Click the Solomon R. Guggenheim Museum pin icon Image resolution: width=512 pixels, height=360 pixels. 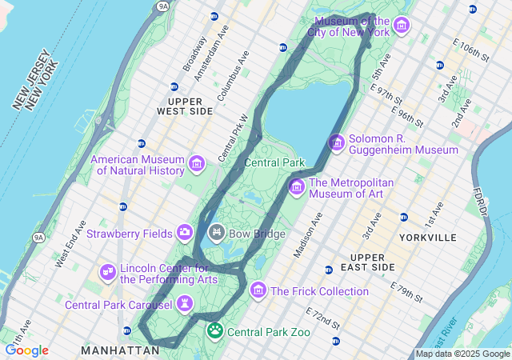point(337,142)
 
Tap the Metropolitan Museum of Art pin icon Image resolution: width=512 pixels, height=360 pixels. point(297,187)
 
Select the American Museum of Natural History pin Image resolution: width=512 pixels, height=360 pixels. point(197,165)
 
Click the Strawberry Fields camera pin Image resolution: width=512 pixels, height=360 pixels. point(186,232)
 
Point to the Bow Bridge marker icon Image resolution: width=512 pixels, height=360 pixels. point(216,233)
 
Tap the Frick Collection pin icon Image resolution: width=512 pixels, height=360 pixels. point(258,290)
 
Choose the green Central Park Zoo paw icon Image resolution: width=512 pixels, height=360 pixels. point(215,330)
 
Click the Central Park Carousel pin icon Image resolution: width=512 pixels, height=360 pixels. point(186,303)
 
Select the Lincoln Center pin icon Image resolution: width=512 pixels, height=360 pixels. point(108,273)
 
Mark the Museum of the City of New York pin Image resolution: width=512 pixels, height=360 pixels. point(402,26)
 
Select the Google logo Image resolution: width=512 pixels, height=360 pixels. point(26,350)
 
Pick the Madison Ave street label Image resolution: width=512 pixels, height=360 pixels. point(307,235)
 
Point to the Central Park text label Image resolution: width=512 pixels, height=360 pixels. point(274,162)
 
